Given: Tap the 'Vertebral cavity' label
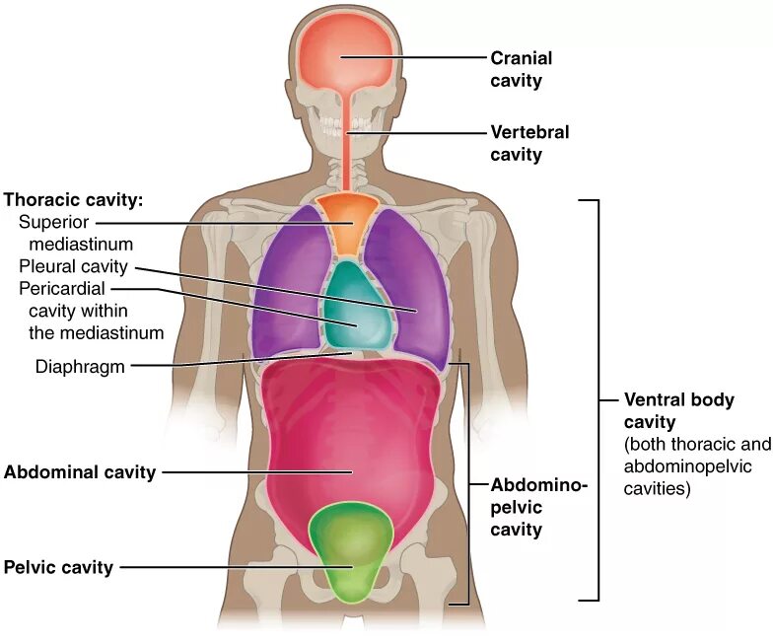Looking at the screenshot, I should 530,143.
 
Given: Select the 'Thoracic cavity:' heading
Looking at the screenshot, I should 74,199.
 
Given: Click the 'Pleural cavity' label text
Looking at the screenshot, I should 74,266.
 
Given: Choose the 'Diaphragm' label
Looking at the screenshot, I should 79,366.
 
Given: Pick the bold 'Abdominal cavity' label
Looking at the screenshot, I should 80,472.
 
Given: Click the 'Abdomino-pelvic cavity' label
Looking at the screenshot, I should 538,507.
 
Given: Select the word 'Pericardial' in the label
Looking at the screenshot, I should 61,288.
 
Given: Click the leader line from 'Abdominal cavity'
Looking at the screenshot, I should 256,472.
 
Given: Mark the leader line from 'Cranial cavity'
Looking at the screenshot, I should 414,58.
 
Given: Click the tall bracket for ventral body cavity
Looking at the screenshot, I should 596,399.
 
